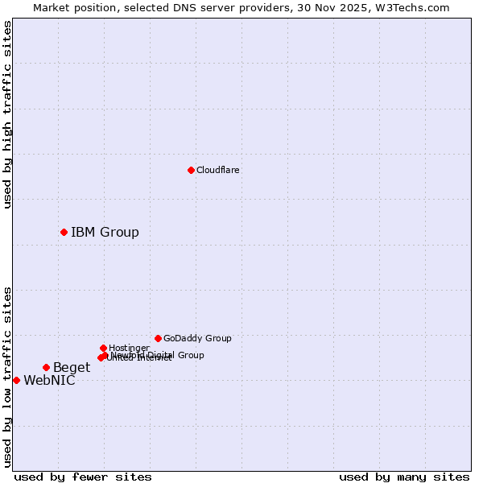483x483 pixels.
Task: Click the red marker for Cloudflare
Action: [191, 170]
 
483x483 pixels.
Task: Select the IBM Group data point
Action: [64, 232]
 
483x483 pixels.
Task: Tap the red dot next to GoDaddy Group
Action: [158, 338]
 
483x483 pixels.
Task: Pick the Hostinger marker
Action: [103, 348]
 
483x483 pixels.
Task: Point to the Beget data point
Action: [46, 367]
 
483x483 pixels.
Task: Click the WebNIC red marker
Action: [16, 380]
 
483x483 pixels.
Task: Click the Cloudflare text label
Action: [217, 170]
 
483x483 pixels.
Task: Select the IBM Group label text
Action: [105, 233]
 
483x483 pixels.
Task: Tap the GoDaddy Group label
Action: [196, 338]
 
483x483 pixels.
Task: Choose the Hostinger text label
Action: [129, 348]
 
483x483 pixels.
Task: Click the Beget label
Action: [72, 368]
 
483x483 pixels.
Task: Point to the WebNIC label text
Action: [49, 381]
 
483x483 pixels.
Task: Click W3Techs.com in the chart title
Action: [416, 7]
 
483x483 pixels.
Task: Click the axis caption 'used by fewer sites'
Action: [83, 477]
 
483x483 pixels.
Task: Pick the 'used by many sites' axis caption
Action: [404, 477]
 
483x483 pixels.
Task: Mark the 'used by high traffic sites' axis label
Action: [7, 114]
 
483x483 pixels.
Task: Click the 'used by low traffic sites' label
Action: [7, 376]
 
